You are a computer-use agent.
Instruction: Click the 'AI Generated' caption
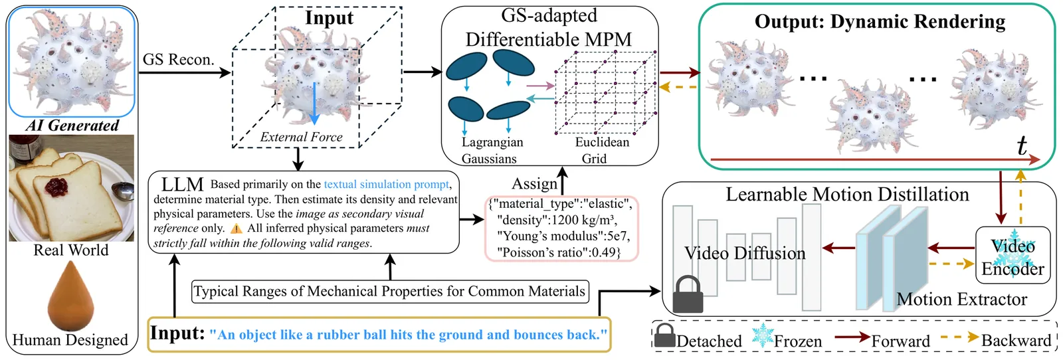[x=72, y=126]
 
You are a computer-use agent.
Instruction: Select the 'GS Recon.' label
[x=178, y=60]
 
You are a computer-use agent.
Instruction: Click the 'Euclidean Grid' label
[x=601, y=150]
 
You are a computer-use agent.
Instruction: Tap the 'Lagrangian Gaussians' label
[x=492, y=150]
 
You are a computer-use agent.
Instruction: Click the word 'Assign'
[x=534, y=183]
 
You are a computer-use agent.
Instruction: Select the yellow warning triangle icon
[x=237, y=228]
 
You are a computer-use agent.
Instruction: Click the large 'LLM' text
[x=182, y=185]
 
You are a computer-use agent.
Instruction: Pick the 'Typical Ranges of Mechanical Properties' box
[x=390, y=292]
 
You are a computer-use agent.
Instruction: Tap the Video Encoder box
[x=1013, y=256]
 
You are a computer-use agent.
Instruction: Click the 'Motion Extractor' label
[x=961, y=300]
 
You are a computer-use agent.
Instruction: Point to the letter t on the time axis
[x=1022, y=145]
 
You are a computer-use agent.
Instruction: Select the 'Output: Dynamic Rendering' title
[x=880, y=22]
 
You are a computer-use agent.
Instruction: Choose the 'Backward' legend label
[x=1016, y=341]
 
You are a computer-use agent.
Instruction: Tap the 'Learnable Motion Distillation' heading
[x=847, y=195]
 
